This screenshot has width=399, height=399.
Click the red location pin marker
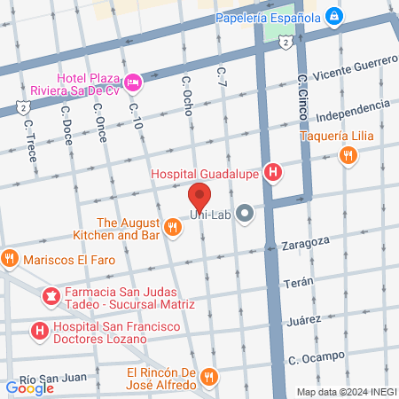tap(200, 196)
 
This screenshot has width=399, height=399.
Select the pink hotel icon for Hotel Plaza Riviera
tap(133, 83)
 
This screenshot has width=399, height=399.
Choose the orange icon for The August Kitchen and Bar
tap(173, 228)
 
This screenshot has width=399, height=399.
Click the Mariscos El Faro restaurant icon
tap(10, 260)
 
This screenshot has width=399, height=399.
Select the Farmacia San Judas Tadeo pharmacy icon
tap(51, 295)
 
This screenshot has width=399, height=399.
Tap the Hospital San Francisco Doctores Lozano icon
tap(38, 332)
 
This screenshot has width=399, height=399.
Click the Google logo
tap(29, 387)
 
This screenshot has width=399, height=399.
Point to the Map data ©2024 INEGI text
tap(346, 392)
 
